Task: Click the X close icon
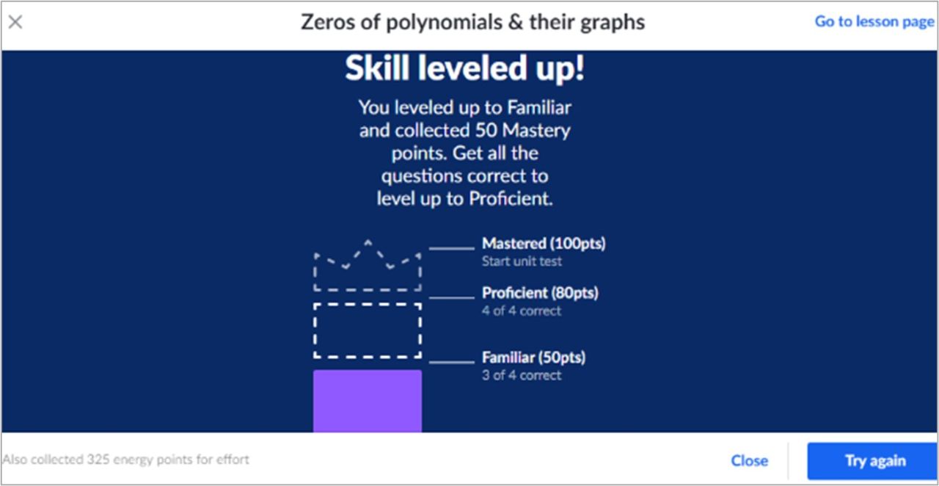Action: pos(15,22)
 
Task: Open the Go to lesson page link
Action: pos(874,21)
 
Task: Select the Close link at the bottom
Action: pos(750,461)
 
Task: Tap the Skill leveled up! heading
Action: pos(465,68)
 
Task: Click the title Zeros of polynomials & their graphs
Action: pos(473,22)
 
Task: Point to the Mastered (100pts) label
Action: pos(544,244)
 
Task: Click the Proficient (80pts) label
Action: pos(540,293)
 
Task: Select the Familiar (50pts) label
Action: pos(533,358)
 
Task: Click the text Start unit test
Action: pos(522,261)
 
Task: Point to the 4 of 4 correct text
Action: pos(521,311)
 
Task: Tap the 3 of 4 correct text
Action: pos(521,375)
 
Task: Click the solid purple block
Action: pos(368,401)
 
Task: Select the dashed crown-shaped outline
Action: pos(368,289)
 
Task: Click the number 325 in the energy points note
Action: pos(98,460)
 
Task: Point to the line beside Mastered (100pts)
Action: pos(451,248)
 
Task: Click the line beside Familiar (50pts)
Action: pos(451,362)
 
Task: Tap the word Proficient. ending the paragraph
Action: pos(511,198)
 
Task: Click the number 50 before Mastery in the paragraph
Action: pos(486,131)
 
